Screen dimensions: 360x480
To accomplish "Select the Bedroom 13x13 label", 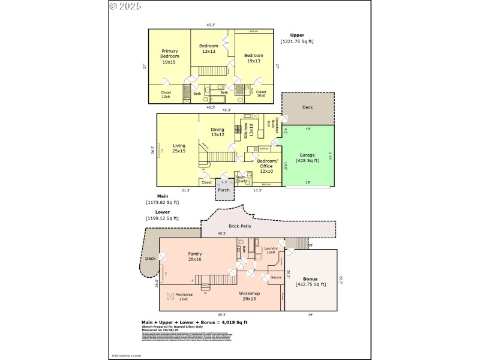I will click(x=209, y=49).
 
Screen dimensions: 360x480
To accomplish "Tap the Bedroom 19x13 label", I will click(x=253, y=58).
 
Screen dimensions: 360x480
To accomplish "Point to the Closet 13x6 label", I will click(x=166, y=95).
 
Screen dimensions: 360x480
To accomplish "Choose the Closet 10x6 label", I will click(x=261, y=95).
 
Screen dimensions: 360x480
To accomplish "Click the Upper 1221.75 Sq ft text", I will click(x=296, y=38).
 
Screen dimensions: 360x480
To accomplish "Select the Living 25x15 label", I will click(x=179, y=148).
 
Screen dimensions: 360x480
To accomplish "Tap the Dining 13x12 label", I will click(x=217, y=132).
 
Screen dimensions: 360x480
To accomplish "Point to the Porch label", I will click(x=224, y=190).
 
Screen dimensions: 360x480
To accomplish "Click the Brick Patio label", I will click(x=239, y=226).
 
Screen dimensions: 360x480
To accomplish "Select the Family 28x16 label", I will click(x=195, y=257).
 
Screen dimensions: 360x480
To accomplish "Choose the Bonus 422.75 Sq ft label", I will click(x=310, y=282).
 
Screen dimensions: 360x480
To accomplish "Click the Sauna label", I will click(x=277, y=278).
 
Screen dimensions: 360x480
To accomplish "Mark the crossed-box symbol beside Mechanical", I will click(x=170, y=296).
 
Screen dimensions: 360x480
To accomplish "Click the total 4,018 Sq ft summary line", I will click(x=194, y=322).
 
